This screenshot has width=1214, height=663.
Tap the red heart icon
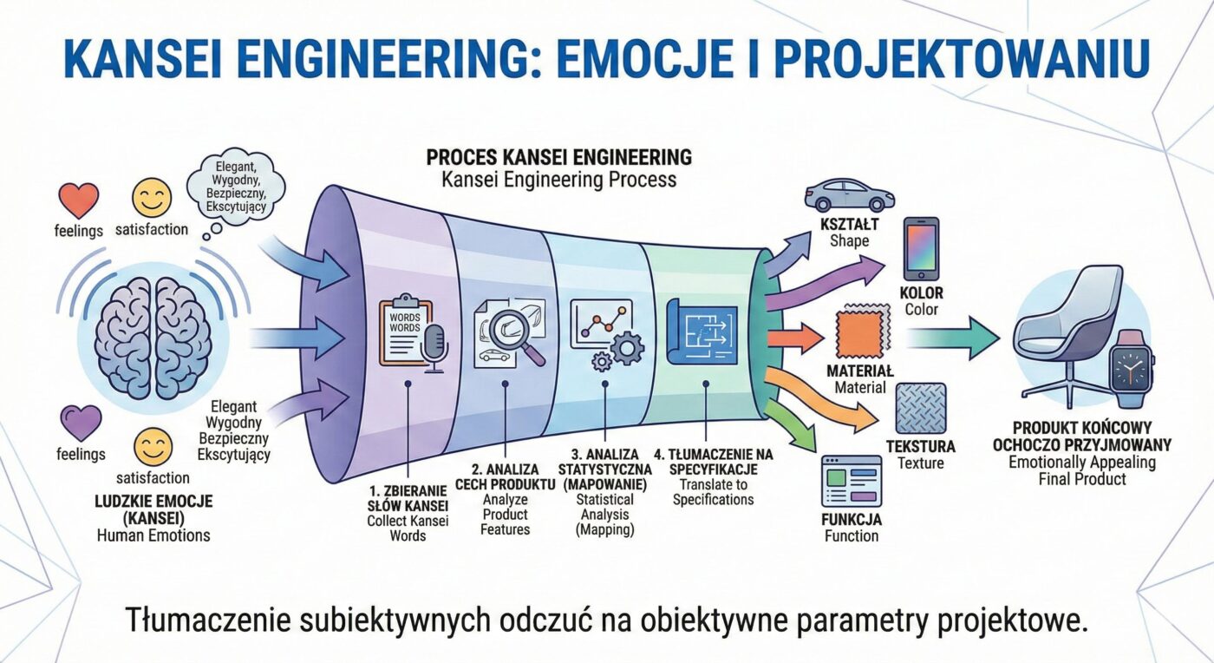tap(78, 200)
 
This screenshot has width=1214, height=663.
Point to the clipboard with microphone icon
tap(411, 334)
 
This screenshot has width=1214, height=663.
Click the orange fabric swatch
tap(860, 333)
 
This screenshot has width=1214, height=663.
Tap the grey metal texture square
tap(921, 409)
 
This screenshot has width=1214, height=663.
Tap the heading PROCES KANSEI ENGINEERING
tap(558, 158)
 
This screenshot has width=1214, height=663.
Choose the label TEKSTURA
tap(920, 447)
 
